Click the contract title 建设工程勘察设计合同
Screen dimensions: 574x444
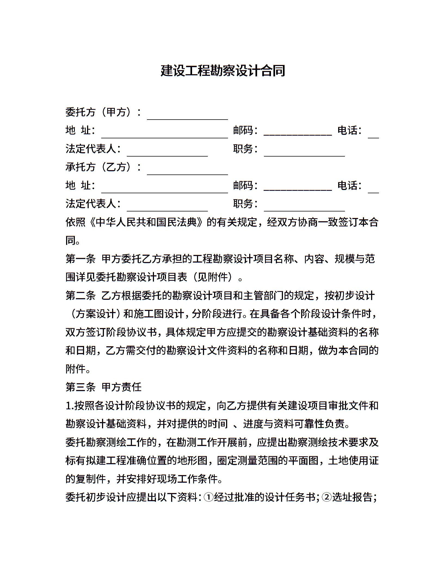(x=223, y=71)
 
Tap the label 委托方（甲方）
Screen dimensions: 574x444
(x=103, y=112)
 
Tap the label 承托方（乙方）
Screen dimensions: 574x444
(x=103, y=167)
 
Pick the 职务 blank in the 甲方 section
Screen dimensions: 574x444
(x=304, y=153)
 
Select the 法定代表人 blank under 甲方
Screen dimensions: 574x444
(x=167, y=153)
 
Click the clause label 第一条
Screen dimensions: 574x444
(x=80, y=259)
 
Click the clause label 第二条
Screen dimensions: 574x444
(x=80, y=295)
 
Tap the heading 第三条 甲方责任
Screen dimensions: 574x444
(x=103, y=387)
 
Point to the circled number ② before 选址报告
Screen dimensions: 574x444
(x=326, y=497)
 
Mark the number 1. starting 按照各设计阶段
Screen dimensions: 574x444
(x=70, y=405)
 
